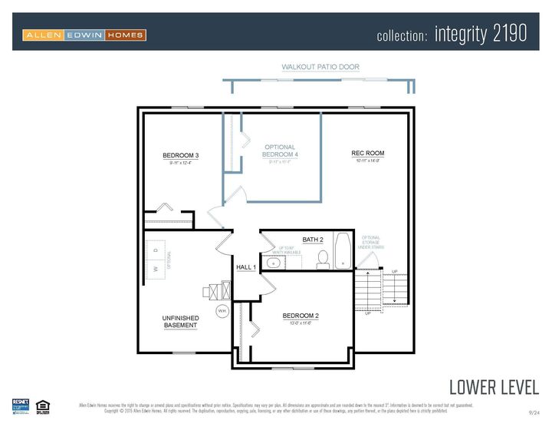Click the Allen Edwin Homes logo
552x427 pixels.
coord(84,35)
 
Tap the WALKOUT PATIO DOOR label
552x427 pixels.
coord(320,68)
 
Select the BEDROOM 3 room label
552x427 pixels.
coord(181,156)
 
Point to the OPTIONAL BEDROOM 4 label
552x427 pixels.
coord(280,151)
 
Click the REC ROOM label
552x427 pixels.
coord(367,154)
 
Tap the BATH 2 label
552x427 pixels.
coord(313,240)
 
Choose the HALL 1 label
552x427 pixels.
coord(246,267)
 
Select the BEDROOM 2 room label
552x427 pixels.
coord(301,316)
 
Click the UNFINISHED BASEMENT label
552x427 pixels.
coord(181,322)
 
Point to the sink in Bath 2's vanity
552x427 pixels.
coord(271,263)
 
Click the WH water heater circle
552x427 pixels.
coord(222,310)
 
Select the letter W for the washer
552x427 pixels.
coord(156,269)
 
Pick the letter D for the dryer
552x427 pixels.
coord(156,250)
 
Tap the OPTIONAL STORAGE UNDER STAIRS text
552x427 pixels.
coord(370,243)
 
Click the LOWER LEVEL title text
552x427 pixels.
coord(494,386)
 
